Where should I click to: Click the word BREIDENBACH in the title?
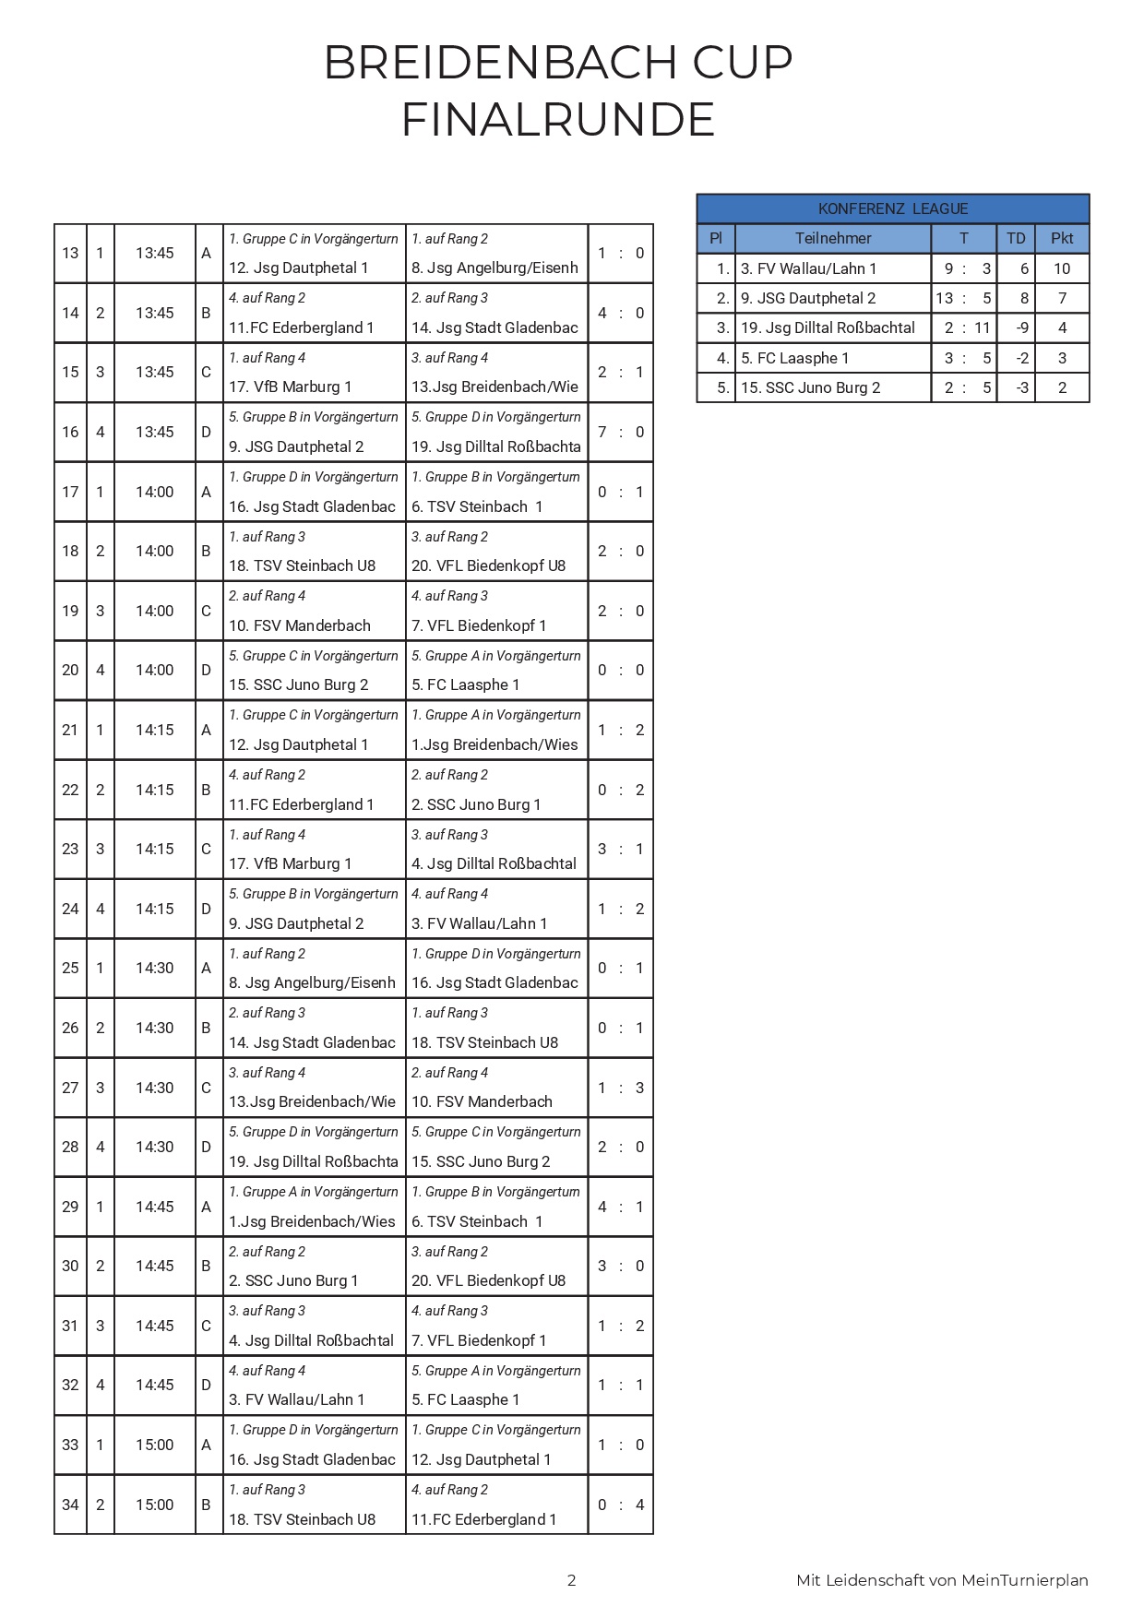(x=487, y=63)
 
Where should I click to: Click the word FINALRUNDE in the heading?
(x=558, y=120)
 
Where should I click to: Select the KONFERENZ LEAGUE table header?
(x=892, y=208)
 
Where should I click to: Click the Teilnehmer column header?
(x=832, y=238)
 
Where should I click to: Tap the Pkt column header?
(x=1061, y=238)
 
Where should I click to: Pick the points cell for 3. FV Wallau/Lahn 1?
(x=1061, y=268)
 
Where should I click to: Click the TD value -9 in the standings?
(x=1021, y=327)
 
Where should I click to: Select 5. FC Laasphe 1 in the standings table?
(x=794, y=358)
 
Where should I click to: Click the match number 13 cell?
(x=70, y=253)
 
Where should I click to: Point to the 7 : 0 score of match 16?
(x=620, y=432)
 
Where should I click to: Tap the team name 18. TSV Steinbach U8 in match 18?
(x=302, y=565)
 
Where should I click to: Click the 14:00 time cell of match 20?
(x=154, y=670)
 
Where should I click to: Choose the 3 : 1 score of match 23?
(x=620, y=849)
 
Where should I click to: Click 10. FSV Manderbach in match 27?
(x=482, y=1101)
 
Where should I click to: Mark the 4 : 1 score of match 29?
(x=620, y=1207)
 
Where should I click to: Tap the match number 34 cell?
(x=70, y=1505)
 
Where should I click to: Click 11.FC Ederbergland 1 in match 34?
(x=483, y=1519)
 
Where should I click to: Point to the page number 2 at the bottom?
(x=571, y=1580)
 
